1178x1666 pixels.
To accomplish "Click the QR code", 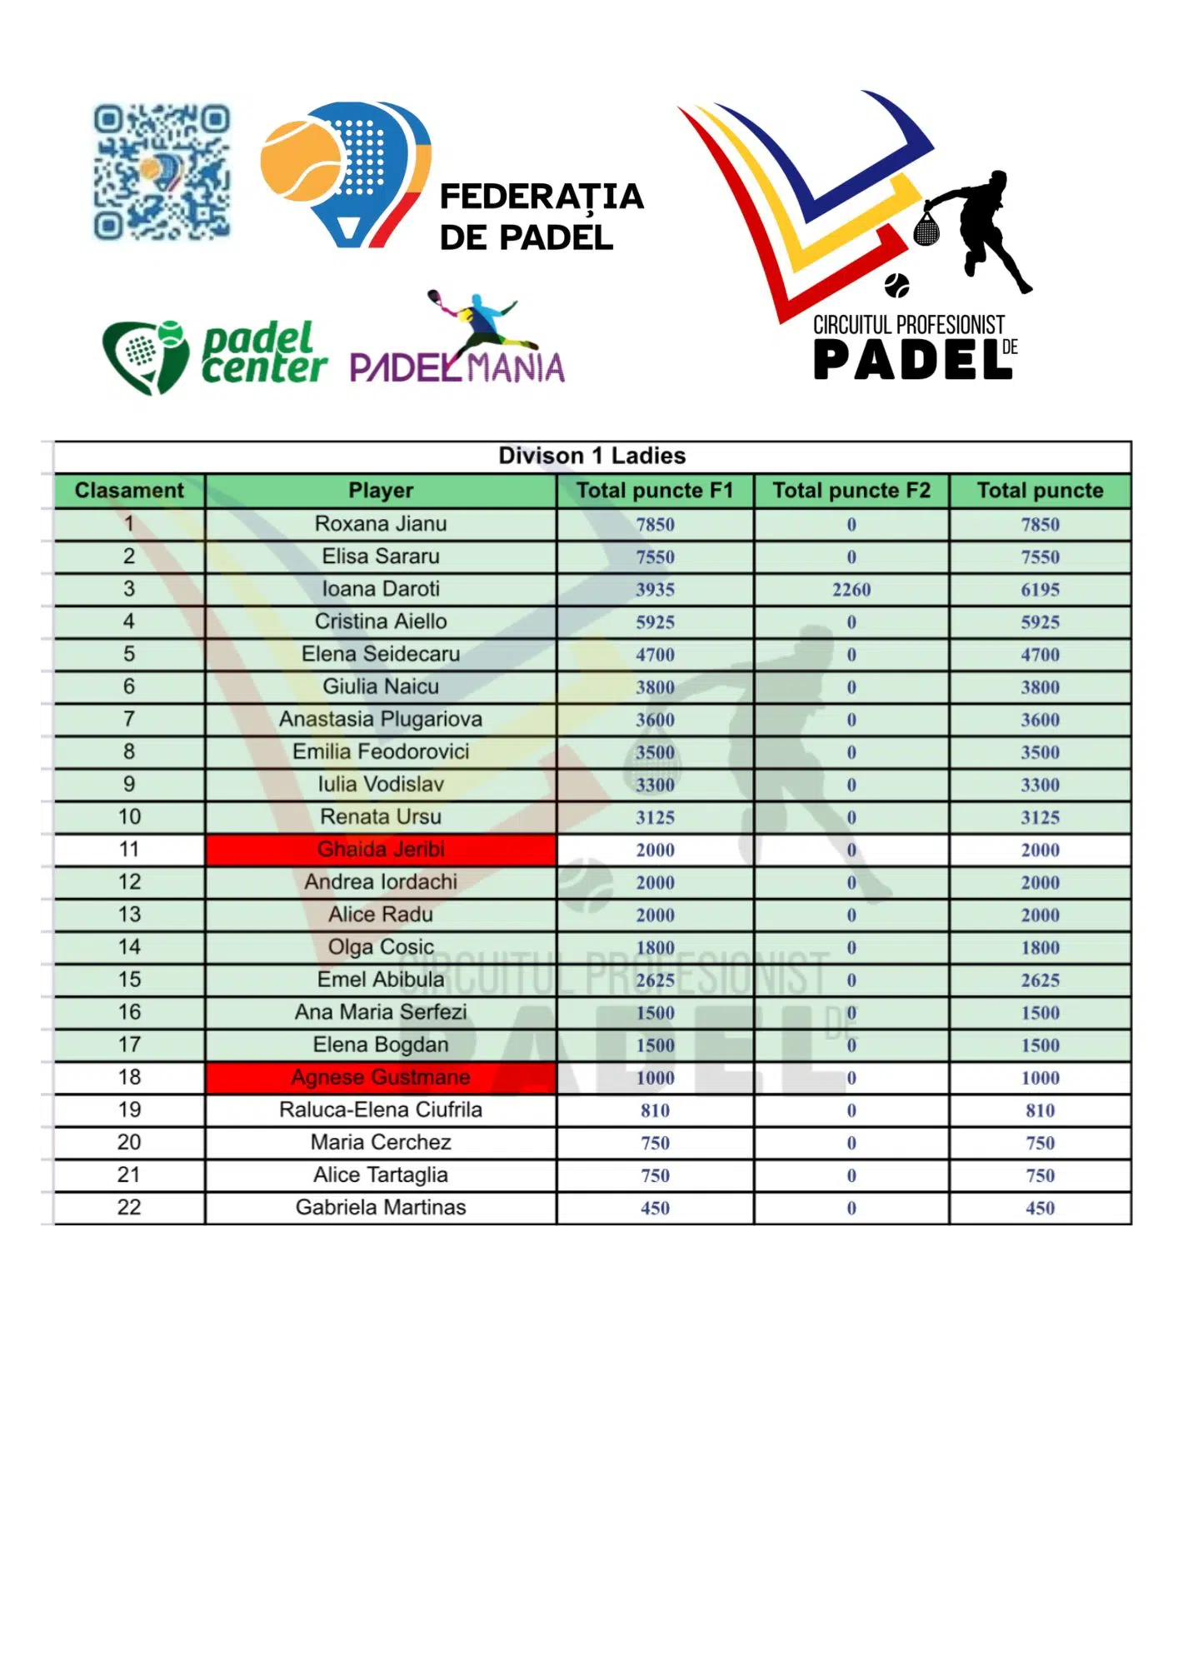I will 161,172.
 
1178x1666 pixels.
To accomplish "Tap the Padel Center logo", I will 214,357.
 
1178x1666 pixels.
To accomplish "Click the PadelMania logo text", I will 457,367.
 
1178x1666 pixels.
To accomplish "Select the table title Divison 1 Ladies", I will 591,456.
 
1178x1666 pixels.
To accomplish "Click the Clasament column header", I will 129,491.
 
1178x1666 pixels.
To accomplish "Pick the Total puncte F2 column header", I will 851,491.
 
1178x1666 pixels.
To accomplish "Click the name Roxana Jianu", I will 381,524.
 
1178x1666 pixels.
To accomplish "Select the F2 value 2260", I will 851,590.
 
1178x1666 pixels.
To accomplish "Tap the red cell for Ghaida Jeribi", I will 381,850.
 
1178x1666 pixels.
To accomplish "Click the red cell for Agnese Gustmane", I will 381,1077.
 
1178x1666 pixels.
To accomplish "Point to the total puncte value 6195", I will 1040,590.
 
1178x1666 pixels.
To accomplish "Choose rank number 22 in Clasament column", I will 129,1208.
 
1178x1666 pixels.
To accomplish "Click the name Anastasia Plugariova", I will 381,719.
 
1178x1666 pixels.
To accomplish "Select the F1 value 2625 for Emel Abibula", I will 655,980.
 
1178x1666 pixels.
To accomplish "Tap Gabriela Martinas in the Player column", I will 381,1208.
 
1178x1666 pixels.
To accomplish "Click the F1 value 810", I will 655,1110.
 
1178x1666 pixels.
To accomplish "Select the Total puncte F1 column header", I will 655,491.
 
